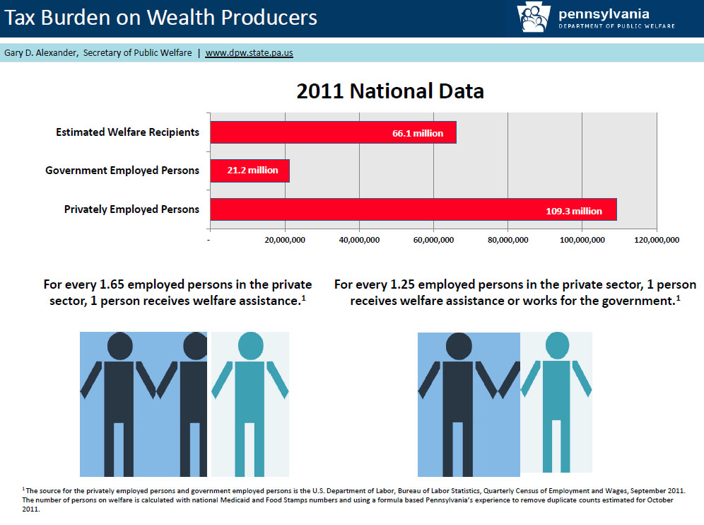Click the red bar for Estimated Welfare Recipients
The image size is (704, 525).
[x=333, y=132]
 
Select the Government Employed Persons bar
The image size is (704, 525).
[x=250, y=171]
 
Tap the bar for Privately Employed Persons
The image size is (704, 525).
[x=413, y=209]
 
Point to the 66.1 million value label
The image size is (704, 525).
[x=418, y=133]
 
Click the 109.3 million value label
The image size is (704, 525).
[x=574, y=211]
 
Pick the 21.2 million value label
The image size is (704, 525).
[x=252, y=170]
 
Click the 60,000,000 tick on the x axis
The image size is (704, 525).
[x=433, y=240]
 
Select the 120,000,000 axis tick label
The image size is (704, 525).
[x=657, y=240]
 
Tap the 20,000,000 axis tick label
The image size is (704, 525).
[x=285, y=240]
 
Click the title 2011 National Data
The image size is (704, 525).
[x=390, y=91]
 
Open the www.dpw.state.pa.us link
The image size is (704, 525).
[x=250, y=52]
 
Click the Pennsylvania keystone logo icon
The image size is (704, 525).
[x=534, y=17]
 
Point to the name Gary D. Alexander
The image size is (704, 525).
[x=40, y=52]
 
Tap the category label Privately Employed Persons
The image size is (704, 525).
[x=131, y=209]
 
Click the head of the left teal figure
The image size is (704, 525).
[x=250, y=346]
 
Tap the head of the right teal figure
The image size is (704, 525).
[x=557, y=345]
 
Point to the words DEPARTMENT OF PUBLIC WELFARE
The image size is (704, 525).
[x=616, y=26]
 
